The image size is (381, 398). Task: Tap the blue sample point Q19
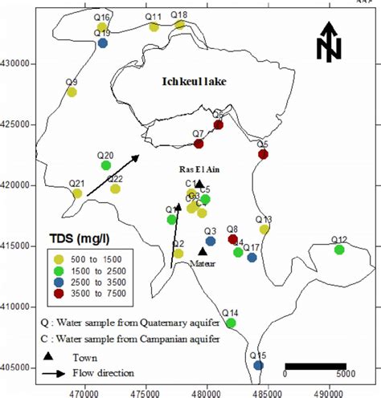[x=103, y=43]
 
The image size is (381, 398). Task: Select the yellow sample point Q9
[x=72, y=92]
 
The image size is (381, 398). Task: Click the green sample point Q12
[x=339, y=250]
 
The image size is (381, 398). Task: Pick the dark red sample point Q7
[x=199, y=144]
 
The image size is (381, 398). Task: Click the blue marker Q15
[x=258, y=365]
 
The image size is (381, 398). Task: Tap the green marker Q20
[x=106, y=165]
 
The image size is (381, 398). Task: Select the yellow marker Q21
[x=77, y=193]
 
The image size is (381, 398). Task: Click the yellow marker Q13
[x=264, y=229]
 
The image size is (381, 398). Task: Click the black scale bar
[x=316, y=367]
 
